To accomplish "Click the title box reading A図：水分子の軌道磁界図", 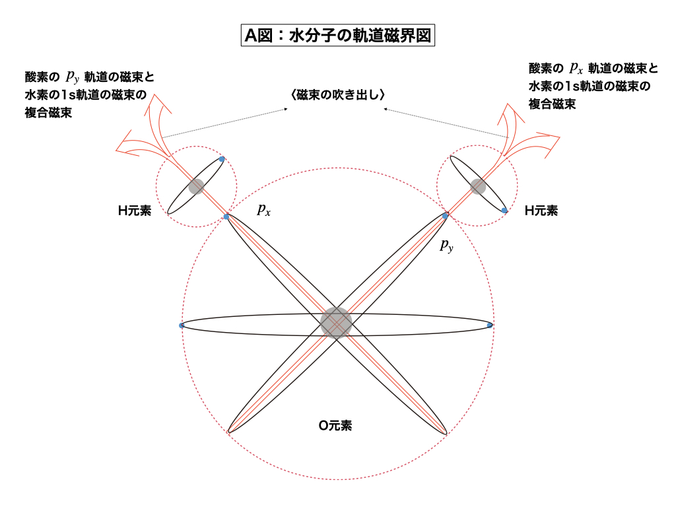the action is point(337,35).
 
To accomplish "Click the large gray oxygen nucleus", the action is point(336,322).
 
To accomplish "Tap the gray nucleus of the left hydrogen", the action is point(196,187).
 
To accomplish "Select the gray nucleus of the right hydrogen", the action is point(478,186).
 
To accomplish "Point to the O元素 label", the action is point(335,426).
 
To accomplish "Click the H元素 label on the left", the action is point(135,211).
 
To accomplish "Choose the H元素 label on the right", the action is point(541,211).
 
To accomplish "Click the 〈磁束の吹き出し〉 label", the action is point(337,95).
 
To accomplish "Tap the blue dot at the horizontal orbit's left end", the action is point(182,325).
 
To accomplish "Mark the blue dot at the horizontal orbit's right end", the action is point(489,325).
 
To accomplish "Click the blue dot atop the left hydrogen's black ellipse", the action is point(222,159).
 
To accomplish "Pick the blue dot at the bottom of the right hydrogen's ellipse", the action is point(504,211).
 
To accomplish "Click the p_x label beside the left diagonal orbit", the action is point(264,209).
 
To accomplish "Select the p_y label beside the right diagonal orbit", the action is point(447,246).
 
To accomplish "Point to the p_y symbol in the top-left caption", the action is point(73,77).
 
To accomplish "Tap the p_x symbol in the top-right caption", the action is point(576,68).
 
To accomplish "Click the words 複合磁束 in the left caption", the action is point(48,113).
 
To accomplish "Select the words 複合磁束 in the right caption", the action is point(553,104).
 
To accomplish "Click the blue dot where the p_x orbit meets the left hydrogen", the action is point(226,217).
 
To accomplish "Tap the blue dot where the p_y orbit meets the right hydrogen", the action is point(445,216).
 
